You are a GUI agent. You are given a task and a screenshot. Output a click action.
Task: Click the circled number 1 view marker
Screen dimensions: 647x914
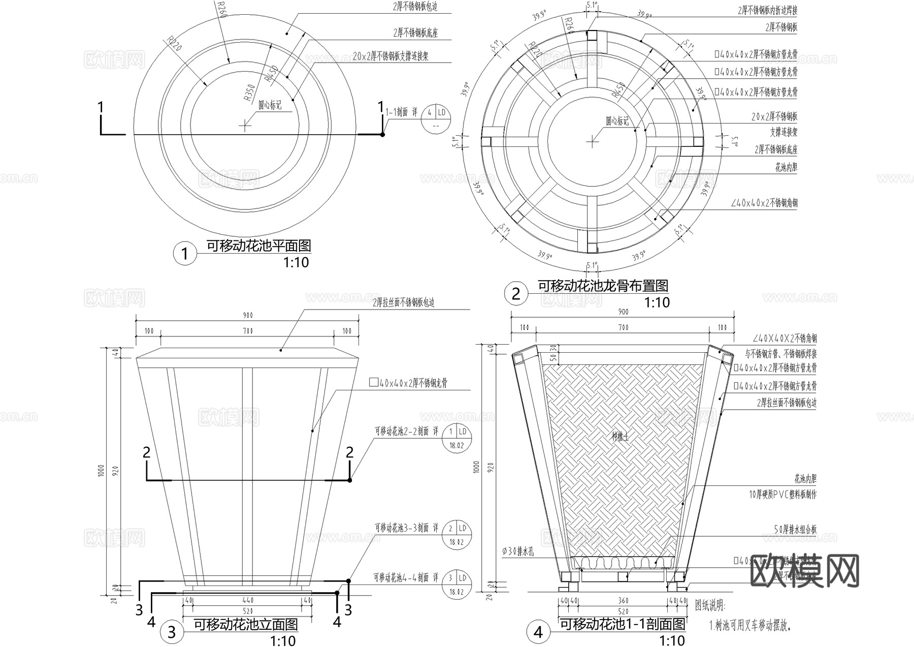184,254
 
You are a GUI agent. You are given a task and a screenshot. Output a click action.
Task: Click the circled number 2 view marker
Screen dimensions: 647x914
516,294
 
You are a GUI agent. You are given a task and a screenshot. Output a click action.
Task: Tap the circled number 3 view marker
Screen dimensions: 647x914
172,632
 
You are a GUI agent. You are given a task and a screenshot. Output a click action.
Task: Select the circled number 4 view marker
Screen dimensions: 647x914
538,632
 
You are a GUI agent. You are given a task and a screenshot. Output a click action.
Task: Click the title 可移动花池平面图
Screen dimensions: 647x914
258,247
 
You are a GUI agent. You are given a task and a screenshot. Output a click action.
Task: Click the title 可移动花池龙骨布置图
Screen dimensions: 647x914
603,286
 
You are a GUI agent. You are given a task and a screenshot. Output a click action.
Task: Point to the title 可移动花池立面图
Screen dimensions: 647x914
246,624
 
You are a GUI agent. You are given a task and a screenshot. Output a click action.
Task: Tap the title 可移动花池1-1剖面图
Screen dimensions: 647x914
622,625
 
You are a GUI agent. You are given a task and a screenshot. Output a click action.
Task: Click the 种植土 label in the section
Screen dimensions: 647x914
620,436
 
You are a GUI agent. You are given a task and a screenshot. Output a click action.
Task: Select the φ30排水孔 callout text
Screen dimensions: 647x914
518,551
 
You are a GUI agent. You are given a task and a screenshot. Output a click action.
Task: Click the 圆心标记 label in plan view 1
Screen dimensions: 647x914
270,106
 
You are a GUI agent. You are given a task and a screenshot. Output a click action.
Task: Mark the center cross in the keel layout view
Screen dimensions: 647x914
592,142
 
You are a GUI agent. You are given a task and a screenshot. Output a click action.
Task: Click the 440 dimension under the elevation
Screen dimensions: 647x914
247,601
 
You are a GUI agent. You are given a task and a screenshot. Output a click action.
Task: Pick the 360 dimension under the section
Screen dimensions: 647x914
623,601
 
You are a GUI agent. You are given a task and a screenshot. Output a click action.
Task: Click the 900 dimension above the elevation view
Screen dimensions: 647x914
247,316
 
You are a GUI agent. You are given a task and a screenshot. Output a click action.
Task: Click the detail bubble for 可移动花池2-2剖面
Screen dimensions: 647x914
457,438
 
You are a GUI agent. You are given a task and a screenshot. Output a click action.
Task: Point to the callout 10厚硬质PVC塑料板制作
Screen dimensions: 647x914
782,494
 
